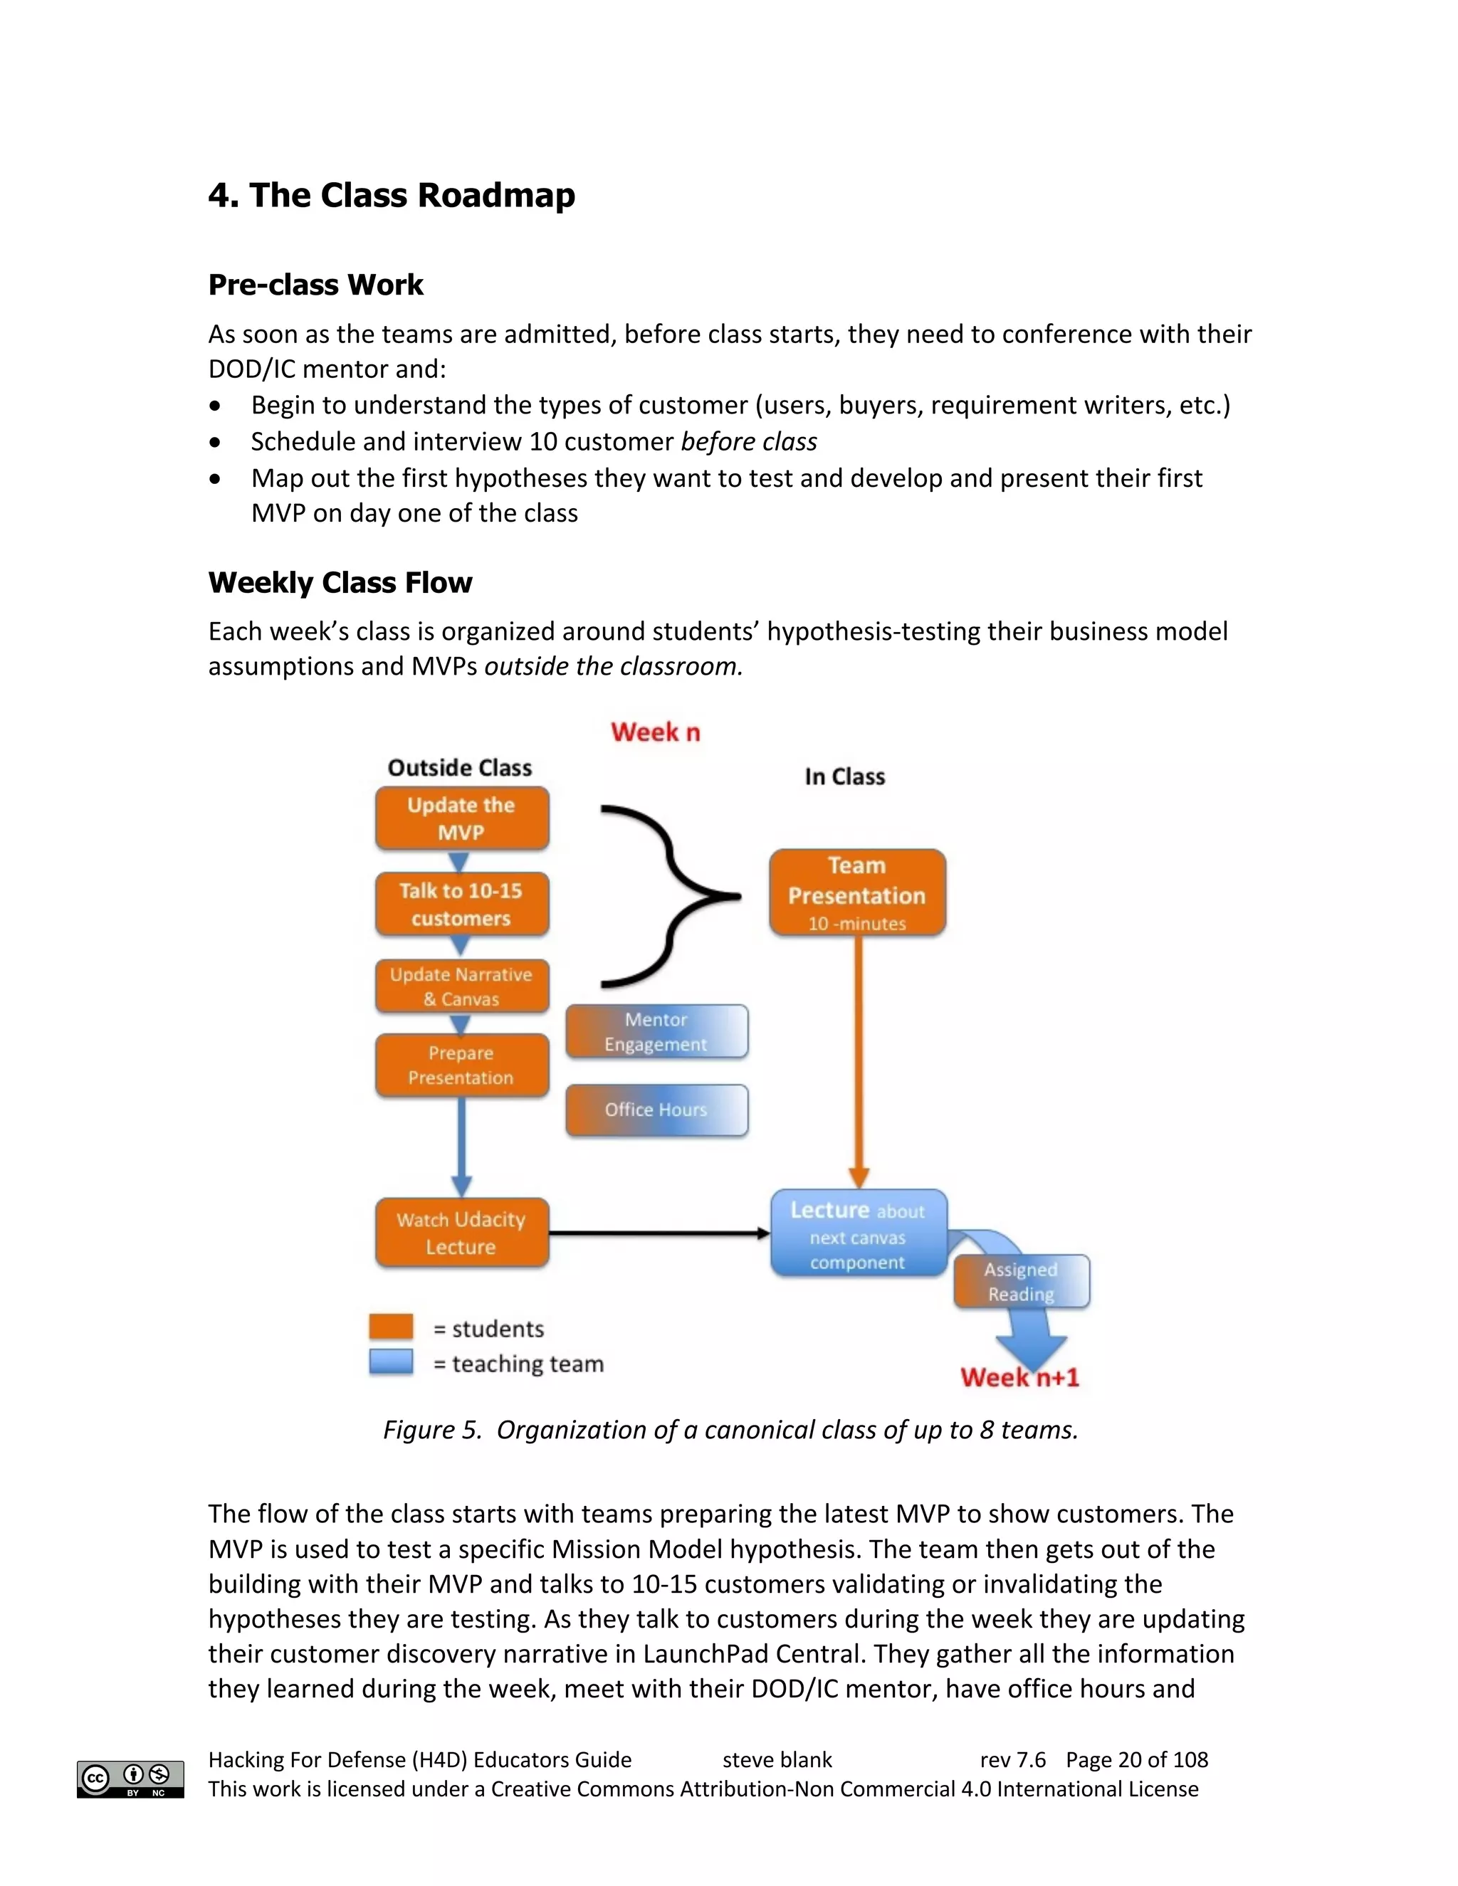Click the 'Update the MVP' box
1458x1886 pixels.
coord(461,818)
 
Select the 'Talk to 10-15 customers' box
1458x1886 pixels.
coord(461,904)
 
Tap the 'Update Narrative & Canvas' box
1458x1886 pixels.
coord(461,986)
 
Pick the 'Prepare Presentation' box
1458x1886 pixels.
coord(461,1065)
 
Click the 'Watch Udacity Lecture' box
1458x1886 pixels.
coord(461,1232)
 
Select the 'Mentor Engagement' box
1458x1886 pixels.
coord(656,1031)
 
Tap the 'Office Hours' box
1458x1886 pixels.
coord(656,1110)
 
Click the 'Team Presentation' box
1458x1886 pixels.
coord(857,892)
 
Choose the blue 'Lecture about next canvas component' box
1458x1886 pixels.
coord(858,1233)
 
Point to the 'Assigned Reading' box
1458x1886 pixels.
coord(1021,1282)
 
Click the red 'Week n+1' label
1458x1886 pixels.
coord(1019,1376)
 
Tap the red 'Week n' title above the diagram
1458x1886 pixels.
coord(656,732)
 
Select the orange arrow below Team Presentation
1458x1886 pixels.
coord(859,1062)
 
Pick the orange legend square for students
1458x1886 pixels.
coord(390,1327)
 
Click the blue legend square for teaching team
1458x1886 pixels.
coord(390,1361)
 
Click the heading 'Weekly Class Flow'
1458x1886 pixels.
coord(340,583)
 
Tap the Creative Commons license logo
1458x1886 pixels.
coord(130,1779)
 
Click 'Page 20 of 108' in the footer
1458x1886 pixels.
coord(1137,1760)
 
